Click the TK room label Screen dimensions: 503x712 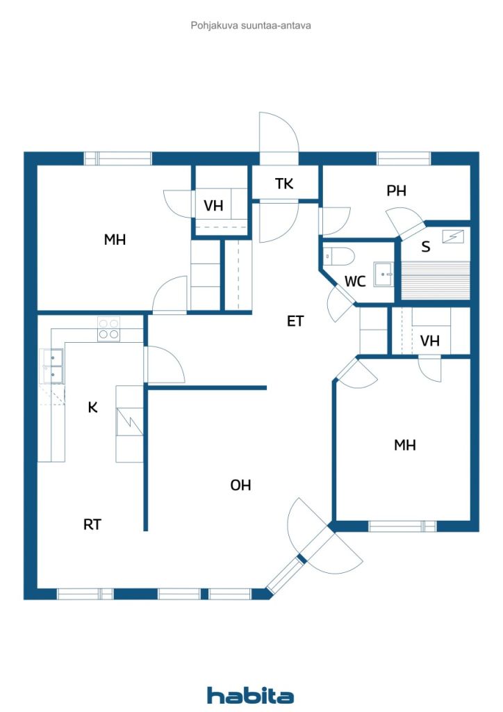click(284, 184)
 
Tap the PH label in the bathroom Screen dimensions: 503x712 click(396, 191)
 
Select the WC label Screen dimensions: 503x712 click(355, 282)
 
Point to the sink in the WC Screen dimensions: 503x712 click(384, 274)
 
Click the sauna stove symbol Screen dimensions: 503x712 click(453, 237)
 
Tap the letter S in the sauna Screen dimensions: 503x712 click(425, 247)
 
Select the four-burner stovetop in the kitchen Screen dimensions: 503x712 click(109, 329)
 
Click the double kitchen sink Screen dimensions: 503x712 click(53, 366)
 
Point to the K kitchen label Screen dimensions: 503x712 click(92, 407)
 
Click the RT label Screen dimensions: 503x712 click(92, 524)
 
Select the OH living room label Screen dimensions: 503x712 click(240, 485)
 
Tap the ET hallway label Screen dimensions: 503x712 click(295, 321)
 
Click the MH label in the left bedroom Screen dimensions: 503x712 click(115, 239)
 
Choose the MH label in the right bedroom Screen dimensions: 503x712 click(404, 445)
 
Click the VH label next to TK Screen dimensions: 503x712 click(213, 206)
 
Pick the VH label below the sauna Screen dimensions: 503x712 click(429, 341)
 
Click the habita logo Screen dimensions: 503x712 click(250, 695)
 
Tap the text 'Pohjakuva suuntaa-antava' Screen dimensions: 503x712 click(251, 26)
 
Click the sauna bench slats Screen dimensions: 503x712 click(436, 280)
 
